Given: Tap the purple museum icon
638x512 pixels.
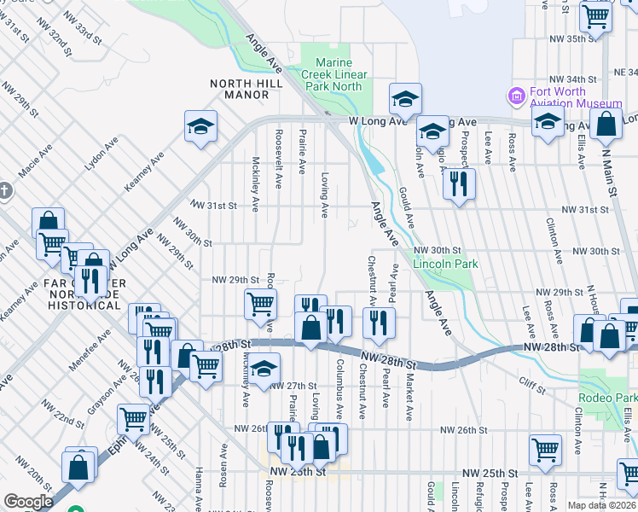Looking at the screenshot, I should click(515, 96).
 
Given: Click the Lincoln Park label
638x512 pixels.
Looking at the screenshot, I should click(444, 264).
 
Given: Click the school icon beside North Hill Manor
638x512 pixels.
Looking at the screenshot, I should click(200, 127).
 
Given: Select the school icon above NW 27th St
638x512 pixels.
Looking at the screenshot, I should click(264, 367).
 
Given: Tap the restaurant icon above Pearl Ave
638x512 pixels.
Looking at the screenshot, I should click(379, 322).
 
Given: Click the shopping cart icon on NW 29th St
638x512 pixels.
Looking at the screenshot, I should click(260, 303).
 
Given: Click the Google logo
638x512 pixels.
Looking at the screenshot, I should click(28, 502).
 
